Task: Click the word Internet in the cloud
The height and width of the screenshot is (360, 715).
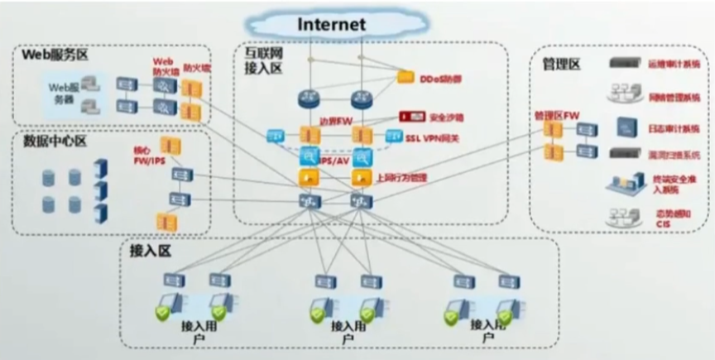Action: coord(331,24)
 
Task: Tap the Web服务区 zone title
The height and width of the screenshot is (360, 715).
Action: coord(55,55)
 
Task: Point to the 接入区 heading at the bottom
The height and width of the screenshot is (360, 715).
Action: coord(151,250)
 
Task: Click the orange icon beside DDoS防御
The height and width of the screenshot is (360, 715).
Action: coord(405,77)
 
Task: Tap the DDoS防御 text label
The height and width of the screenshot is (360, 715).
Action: coord(441,79)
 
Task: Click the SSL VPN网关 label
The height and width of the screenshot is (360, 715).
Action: coord(432,137)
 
